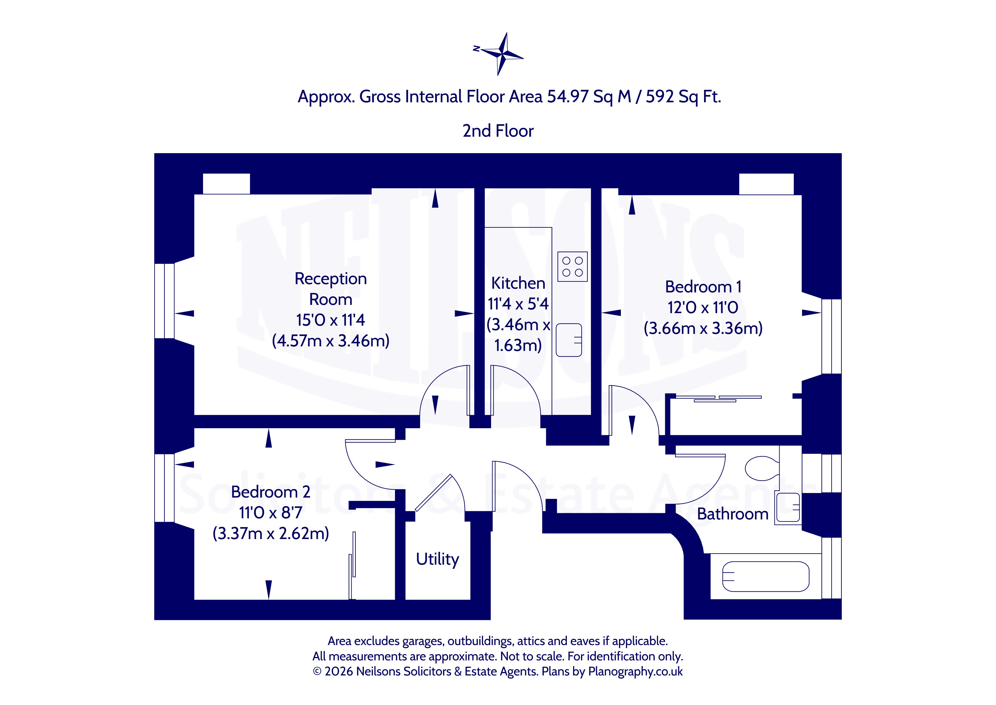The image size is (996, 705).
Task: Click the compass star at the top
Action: click(x=502, y=54)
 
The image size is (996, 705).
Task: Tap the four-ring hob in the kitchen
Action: click(x=572, y=267)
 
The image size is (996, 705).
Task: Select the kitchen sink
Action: click(x=569, y=340)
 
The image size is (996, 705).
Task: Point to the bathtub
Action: click(x=766, y=577)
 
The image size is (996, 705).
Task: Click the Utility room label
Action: click(x=437, y=559)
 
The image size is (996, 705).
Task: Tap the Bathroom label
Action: click(x=733, y=514)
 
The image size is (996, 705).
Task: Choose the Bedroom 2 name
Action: click(x=271, y=492)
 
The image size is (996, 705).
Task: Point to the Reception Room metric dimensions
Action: click(x=331, y=341)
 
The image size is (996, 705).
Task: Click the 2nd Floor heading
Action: click(x=498, y=131)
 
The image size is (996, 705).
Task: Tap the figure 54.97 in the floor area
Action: click(x=567, y=96)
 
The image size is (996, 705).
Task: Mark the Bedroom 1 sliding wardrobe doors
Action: click(x=718, y=398)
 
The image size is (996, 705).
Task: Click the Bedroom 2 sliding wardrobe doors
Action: click(x=352, y=566)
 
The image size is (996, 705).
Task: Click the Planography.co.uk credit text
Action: click(x=635, y=671)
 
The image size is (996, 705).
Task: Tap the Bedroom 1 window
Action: click(x=832, y=336)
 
